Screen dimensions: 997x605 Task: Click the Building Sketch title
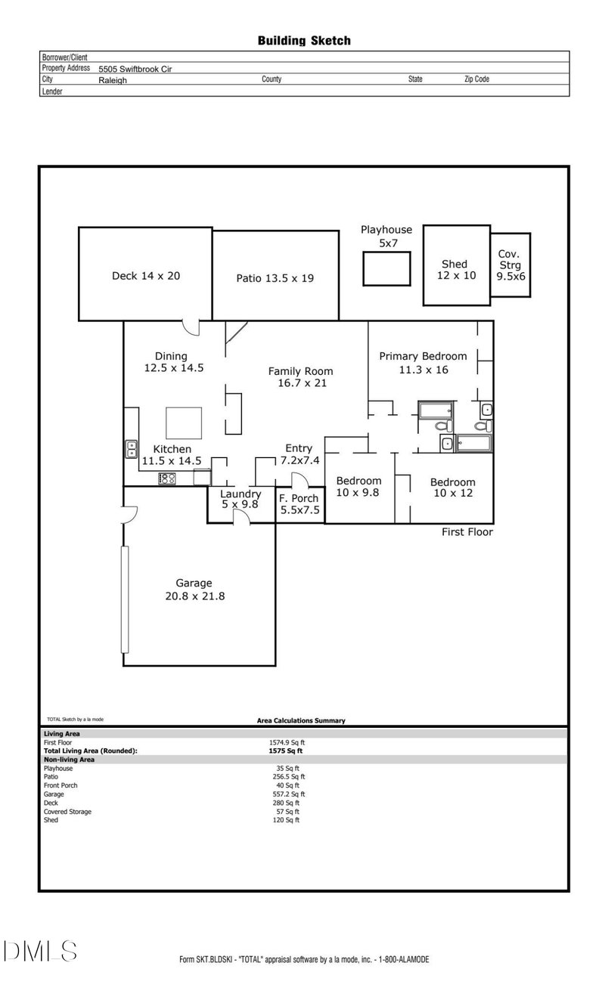pyautogui.click(x=304, y=41)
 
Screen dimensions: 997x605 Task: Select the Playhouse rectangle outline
pyautogui.click(x=386, y=269)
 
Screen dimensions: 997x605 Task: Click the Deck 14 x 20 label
pyautogui.click(x=146, y=276)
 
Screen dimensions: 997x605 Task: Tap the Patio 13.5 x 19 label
pyautogui.click(x=275, y=278)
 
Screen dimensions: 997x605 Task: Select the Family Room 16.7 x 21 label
pyautogui.click(x=301, y=377)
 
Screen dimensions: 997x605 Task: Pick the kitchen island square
pyautogui.click(x=184, y=423)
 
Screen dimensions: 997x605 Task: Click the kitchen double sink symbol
pyautogui.click(x=131, y=449)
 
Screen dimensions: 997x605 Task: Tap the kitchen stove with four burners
pyautogui.click(x=167, y=478)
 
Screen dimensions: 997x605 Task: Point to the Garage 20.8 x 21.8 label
pyautogui.click(x=194, y=589)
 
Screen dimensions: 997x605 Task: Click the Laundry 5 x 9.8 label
pyautogui.click(x=240, y=499)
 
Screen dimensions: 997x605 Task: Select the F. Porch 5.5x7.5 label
pyautogui.click(x=299, y=503)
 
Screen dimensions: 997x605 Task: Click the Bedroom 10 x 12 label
pyautogui.click(x=452, y=488)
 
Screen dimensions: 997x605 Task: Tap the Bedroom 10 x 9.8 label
pyautogui.click(x=358, y=486)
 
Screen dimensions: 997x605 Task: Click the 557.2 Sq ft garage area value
pyautogui.click(x=288, y=794)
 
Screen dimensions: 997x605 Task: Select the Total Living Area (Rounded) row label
pyautogui.click(x=90, y=751)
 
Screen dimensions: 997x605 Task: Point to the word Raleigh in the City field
pyautogui.click(x=113, y=79)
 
